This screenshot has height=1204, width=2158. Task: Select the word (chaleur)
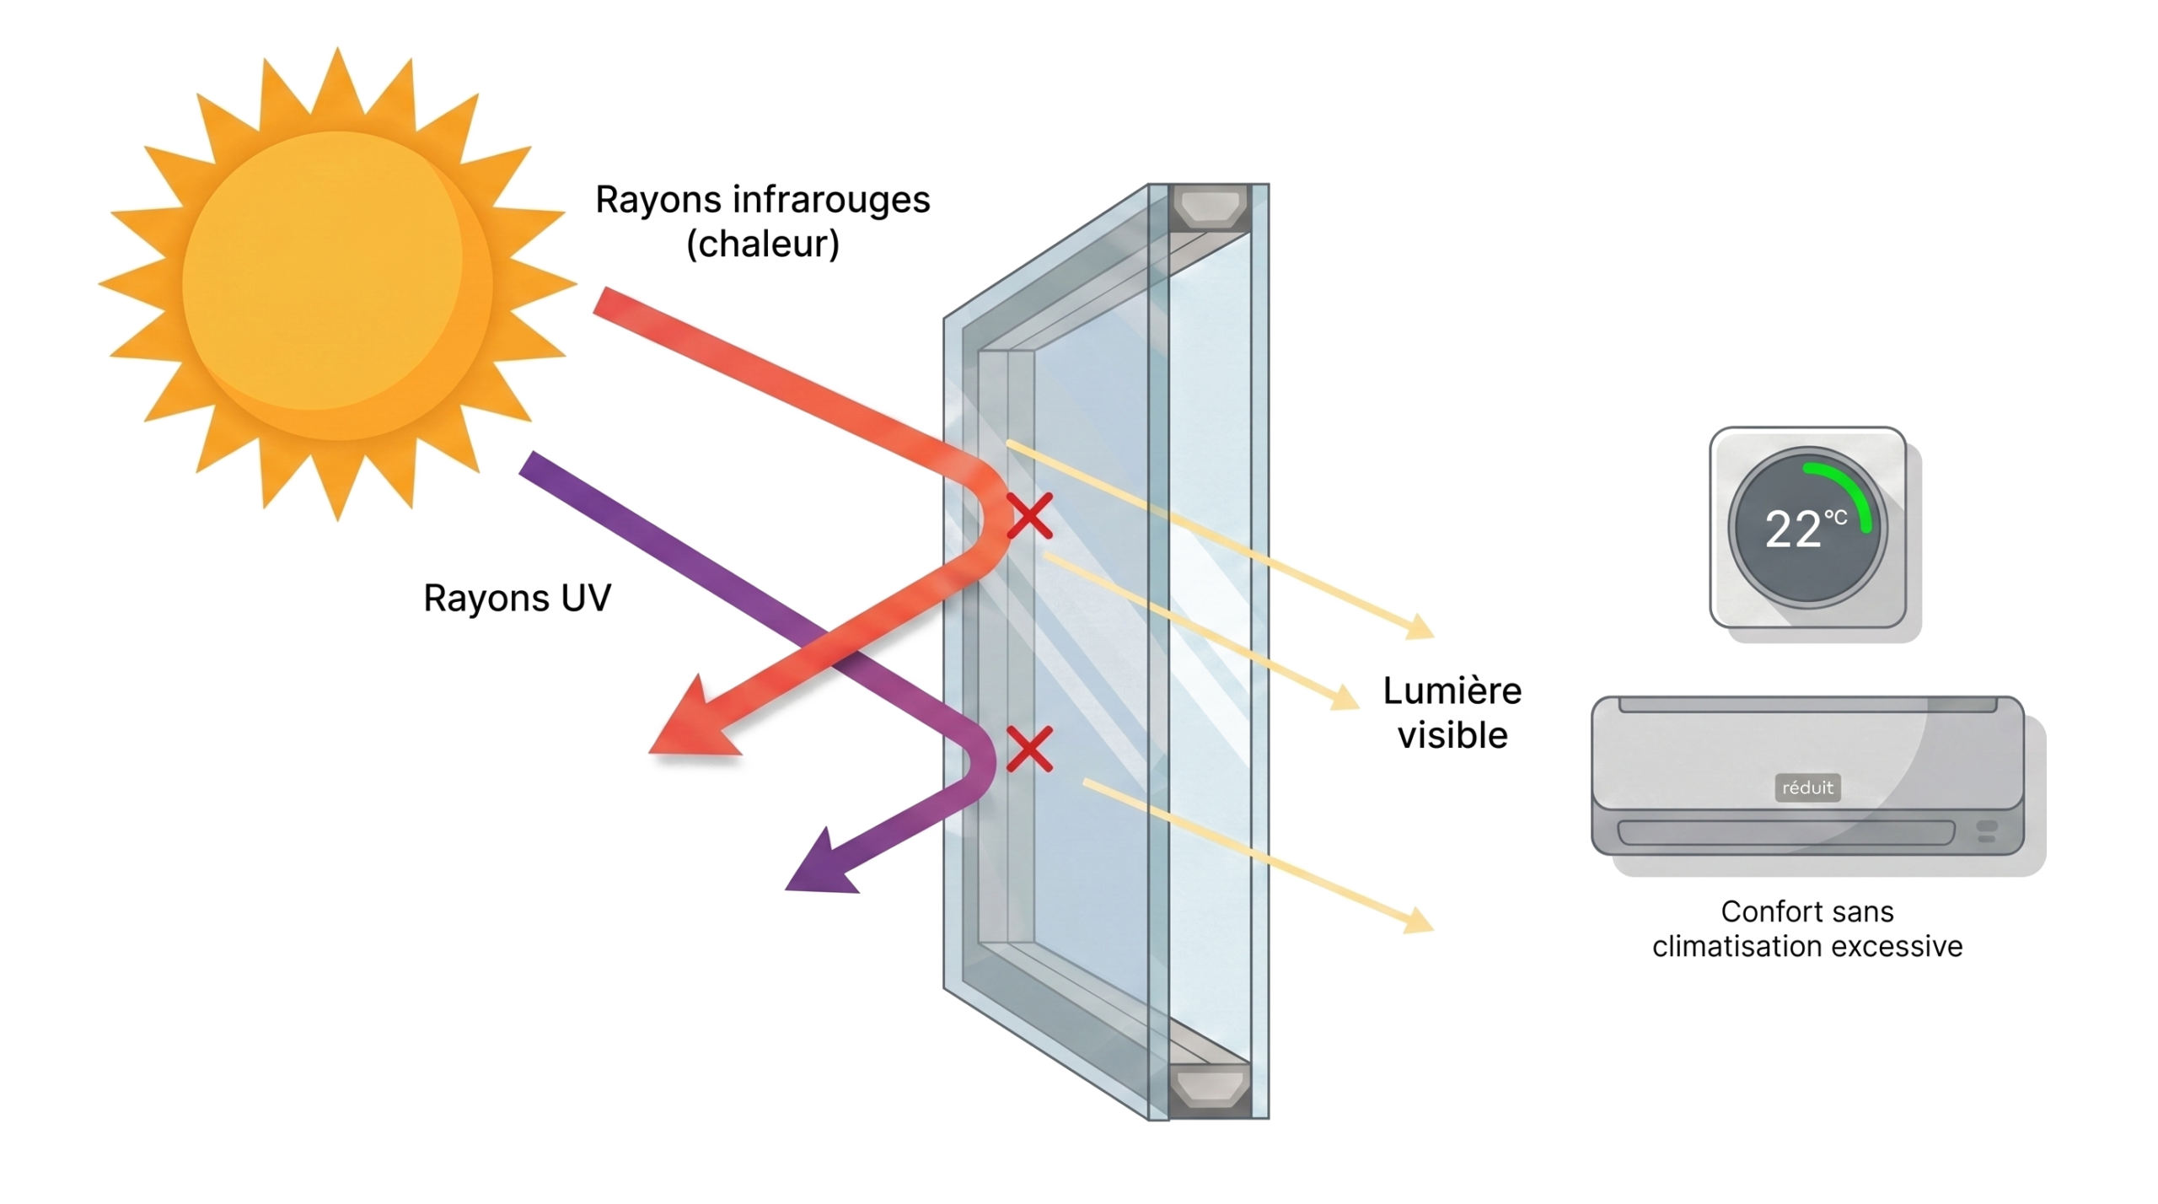[x=764, y=246]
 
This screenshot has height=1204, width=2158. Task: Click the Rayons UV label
[x=516, y=599]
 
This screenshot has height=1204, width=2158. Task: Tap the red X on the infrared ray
[x=1030, y=516]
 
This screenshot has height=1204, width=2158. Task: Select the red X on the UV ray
[x=1028, y=749]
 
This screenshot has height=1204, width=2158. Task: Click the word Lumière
[x=1452, y=692]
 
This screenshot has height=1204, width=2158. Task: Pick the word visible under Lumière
[x=1452, y=736]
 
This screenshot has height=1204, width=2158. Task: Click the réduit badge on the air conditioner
[x=1808, y=787]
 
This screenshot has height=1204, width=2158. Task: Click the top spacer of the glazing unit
[x=1211, y=207]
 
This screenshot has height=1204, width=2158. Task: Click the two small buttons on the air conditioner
[x=1987, y=831]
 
